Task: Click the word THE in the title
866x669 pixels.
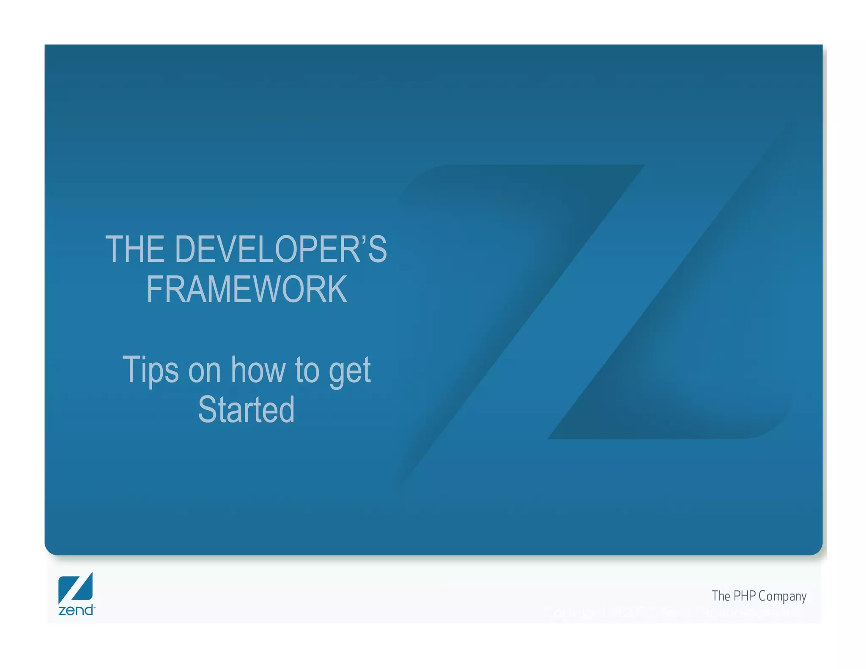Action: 134,250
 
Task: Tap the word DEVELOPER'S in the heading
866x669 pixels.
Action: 280,250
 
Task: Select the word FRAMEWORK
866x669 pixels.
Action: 247,289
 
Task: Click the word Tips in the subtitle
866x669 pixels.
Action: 150,370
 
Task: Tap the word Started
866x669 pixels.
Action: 246,409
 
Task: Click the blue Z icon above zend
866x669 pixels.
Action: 75,588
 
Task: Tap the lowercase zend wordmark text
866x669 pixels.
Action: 76,610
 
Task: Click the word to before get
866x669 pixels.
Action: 307,370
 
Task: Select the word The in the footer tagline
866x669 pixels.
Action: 721,596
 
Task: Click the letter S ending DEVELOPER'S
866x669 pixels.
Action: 377,250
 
